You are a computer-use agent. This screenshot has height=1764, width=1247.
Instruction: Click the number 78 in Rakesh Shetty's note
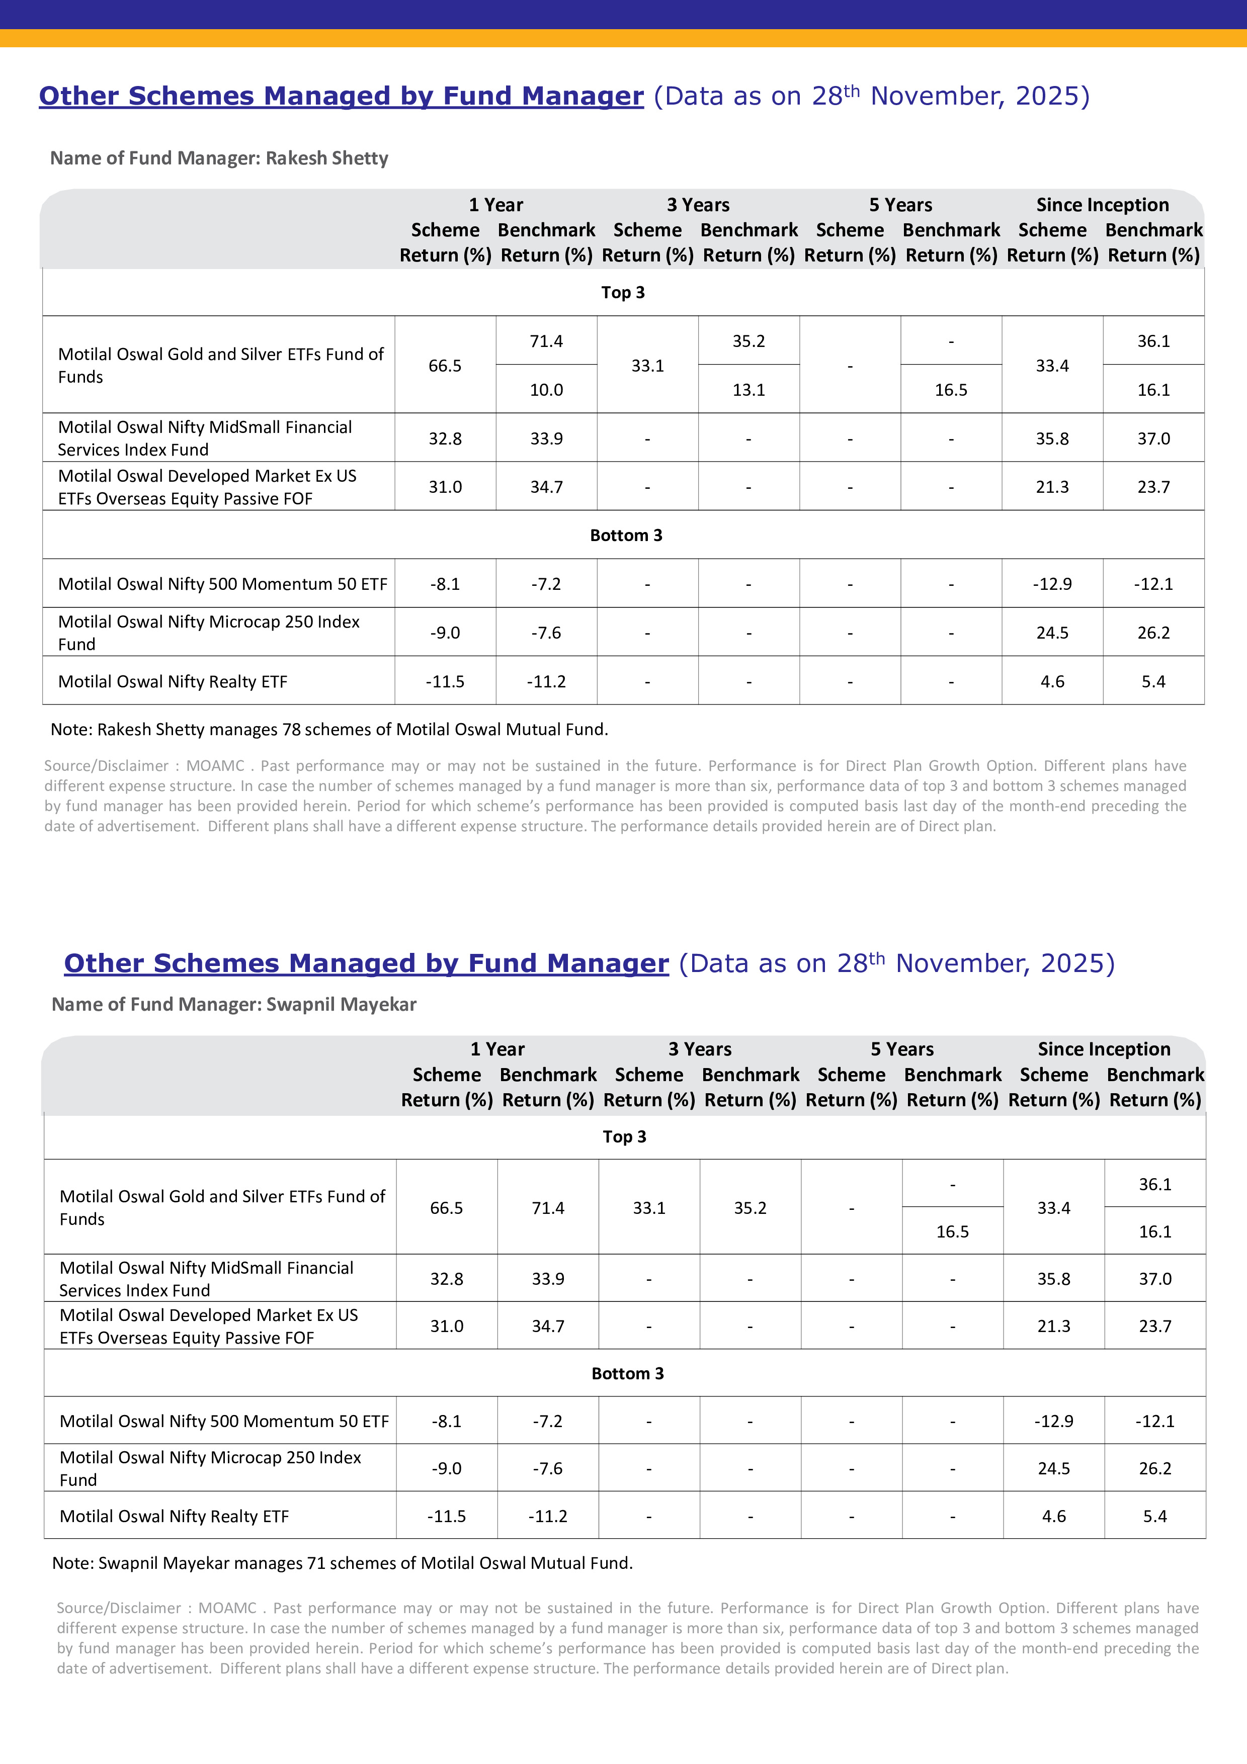coord(291,729)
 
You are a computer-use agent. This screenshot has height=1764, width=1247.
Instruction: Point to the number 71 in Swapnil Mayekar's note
coord(316,1563)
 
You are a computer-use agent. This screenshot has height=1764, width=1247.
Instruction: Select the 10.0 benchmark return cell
coord(546,390)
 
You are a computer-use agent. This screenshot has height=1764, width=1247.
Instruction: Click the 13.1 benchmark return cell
coord(749,390)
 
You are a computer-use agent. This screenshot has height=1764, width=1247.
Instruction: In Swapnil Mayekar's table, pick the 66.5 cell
coord(446,1208)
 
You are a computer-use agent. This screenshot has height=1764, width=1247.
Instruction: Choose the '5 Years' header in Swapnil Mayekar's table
coord(902,1049)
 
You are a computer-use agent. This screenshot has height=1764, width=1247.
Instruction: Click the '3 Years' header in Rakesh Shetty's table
coord(698,205)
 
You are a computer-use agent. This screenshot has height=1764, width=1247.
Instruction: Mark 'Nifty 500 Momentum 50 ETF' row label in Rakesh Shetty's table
coord(223,584)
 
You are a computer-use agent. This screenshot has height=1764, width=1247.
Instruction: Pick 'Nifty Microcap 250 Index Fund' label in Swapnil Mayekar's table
coord(210,1468)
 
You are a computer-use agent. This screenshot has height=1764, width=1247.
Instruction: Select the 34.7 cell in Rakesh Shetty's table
coord(546,487)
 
